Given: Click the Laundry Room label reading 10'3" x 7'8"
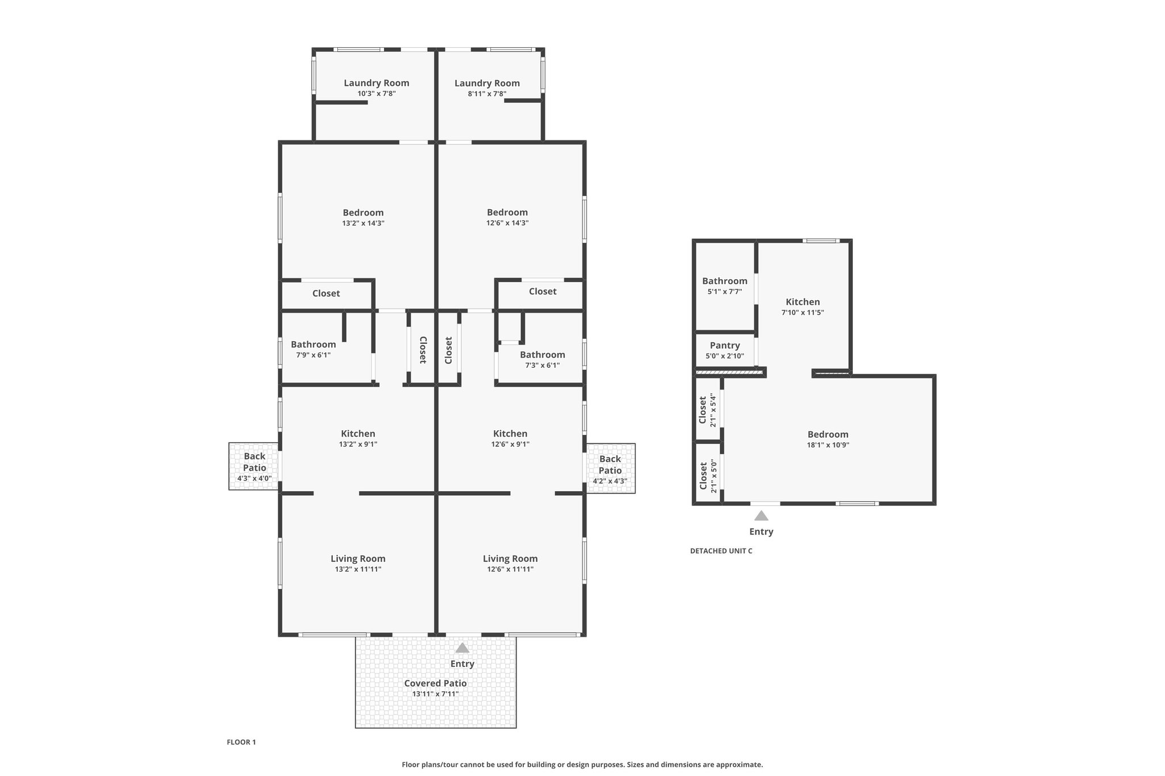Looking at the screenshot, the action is coord(377,83).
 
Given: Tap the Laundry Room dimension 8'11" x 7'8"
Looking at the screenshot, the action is coord(487,94).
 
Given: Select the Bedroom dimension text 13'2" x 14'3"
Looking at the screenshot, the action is coord(363,223).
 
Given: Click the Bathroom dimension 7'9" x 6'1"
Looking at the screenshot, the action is coord(313,355).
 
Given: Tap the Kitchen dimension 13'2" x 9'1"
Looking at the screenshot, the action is coord(358,445).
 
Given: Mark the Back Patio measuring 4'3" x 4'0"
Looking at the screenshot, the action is coord(254,467).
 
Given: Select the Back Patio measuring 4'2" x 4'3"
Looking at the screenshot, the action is coord(610,468).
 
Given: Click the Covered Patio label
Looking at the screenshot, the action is coord(435,683).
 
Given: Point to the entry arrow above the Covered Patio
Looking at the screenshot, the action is coord(462,648).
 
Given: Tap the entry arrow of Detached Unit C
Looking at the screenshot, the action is coord(761,516).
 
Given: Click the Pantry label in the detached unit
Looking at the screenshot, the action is coord(725,346).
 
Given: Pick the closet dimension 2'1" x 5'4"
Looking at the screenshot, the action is coord(713,410).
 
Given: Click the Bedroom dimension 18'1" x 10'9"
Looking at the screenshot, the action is coord(828,445).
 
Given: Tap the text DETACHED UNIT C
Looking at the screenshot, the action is coord(721,551).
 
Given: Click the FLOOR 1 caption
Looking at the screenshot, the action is coord(241,742).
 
